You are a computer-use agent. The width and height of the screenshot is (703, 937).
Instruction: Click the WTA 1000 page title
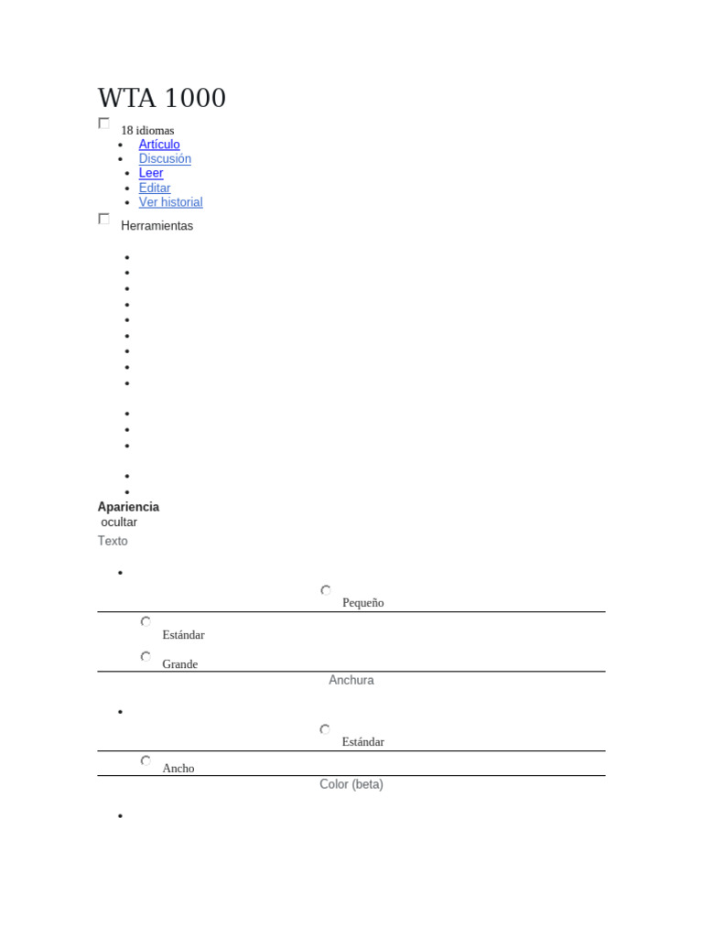[x=162, y=98]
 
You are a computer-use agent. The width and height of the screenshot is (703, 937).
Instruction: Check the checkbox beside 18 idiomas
[x=104, y=124]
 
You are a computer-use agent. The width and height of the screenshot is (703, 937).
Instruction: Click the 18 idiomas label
[x=147, y=130]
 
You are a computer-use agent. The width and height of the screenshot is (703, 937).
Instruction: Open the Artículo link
[x=159, y=144]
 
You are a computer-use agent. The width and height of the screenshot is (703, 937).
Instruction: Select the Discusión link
[x=165, y=158]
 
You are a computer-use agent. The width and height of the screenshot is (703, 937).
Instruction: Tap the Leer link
[x=151, y=173]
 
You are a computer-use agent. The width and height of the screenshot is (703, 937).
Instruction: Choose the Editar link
[x=155, y=188]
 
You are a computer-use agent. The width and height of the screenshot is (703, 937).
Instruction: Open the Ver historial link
[x=171, y=202]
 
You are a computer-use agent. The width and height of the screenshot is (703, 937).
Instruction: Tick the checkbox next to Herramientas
[x=104, y=219]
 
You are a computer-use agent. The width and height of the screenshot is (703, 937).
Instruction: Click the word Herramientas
[x=157, y=226]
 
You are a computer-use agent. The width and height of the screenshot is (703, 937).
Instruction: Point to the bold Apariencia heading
[x=128, y=507]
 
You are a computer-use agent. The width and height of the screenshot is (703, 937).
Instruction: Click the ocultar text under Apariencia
[x=119, y=522]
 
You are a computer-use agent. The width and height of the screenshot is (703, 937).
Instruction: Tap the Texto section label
[x=113, y=541]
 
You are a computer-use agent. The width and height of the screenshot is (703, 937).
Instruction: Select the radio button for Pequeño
[x=326, y=590]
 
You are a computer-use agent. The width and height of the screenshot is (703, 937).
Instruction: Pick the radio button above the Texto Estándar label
[x=146, y=621]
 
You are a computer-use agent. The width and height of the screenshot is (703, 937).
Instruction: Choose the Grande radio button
[x=146, y=657]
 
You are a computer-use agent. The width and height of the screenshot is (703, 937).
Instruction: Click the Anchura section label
[x=351, y=680]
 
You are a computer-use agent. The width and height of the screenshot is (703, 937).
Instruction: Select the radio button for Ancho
[x=146, y=760]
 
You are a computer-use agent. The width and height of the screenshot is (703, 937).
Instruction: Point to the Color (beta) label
[x=351, y=784]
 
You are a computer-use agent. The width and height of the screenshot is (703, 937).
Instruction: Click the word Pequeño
[x=363, y=603]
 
